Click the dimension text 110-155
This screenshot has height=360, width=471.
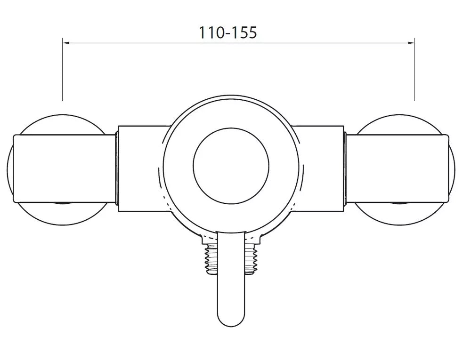[227, 32]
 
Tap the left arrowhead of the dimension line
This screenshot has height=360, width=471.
[65, 43]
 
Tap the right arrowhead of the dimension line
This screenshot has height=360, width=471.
[411, 43]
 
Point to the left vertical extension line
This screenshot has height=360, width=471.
[62, 71]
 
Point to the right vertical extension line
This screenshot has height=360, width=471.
[414, 71]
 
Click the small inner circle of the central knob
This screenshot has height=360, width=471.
[231, 167]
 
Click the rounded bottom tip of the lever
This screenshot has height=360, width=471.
[231, 320]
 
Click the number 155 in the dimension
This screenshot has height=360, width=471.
[244, 32]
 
